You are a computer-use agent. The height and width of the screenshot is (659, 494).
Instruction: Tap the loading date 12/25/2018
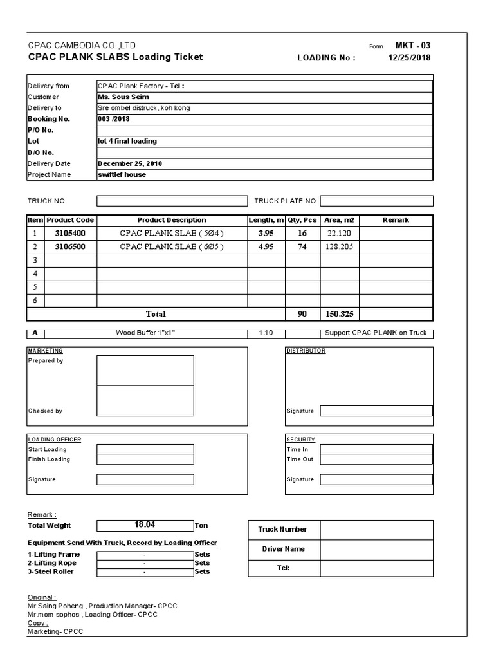[410, 57]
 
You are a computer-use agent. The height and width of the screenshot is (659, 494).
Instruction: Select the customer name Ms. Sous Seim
[123, 97]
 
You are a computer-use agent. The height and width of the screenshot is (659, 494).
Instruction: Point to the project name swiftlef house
[122, 174]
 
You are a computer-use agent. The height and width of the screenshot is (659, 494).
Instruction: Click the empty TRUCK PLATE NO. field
[376, 201]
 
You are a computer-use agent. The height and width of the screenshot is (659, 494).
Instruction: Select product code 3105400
[70, 233]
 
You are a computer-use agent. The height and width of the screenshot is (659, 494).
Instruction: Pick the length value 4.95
[266, 246]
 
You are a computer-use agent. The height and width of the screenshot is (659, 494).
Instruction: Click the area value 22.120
[339, 233]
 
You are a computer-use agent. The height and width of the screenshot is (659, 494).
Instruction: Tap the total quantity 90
[302, 314]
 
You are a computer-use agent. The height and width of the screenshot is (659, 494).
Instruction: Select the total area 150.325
[339, 314]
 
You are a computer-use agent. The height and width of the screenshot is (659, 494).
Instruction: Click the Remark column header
[396, 220]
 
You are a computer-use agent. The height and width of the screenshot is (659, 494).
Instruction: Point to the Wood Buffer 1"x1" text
[145, 333]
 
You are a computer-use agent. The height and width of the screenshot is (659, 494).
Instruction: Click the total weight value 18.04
[145, 525]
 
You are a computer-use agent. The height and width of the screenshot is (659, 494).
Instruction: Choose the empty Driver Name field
[376, 549]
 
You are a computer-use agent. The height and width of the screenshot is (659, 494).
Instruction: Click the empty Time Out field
[376, 459]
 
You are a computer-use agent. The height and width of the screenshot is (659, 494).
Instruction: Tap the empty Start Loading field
[145, 449]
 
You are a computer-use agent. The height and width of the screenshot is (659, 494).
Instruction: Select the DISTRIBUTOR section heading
[306, 351]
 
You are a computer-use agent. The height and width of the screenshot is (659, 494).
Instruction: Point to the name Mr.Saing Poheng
[55, 606]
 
